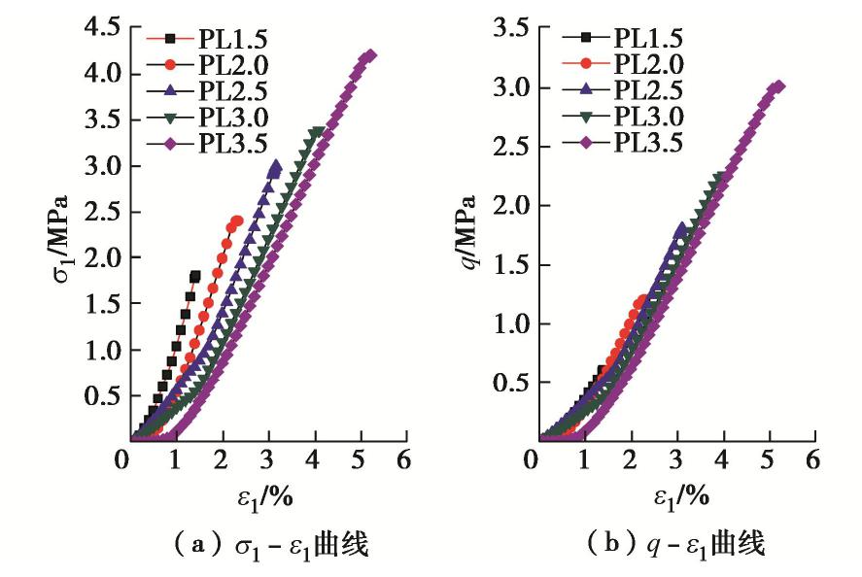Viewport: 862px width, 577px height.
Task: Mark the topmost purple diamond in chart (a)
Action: (369, 55)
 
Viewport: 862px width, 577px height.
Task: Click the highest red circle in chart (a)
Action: (237, 221)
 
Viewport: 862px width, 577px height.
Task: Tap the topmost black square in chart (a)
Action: (195, 276)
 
